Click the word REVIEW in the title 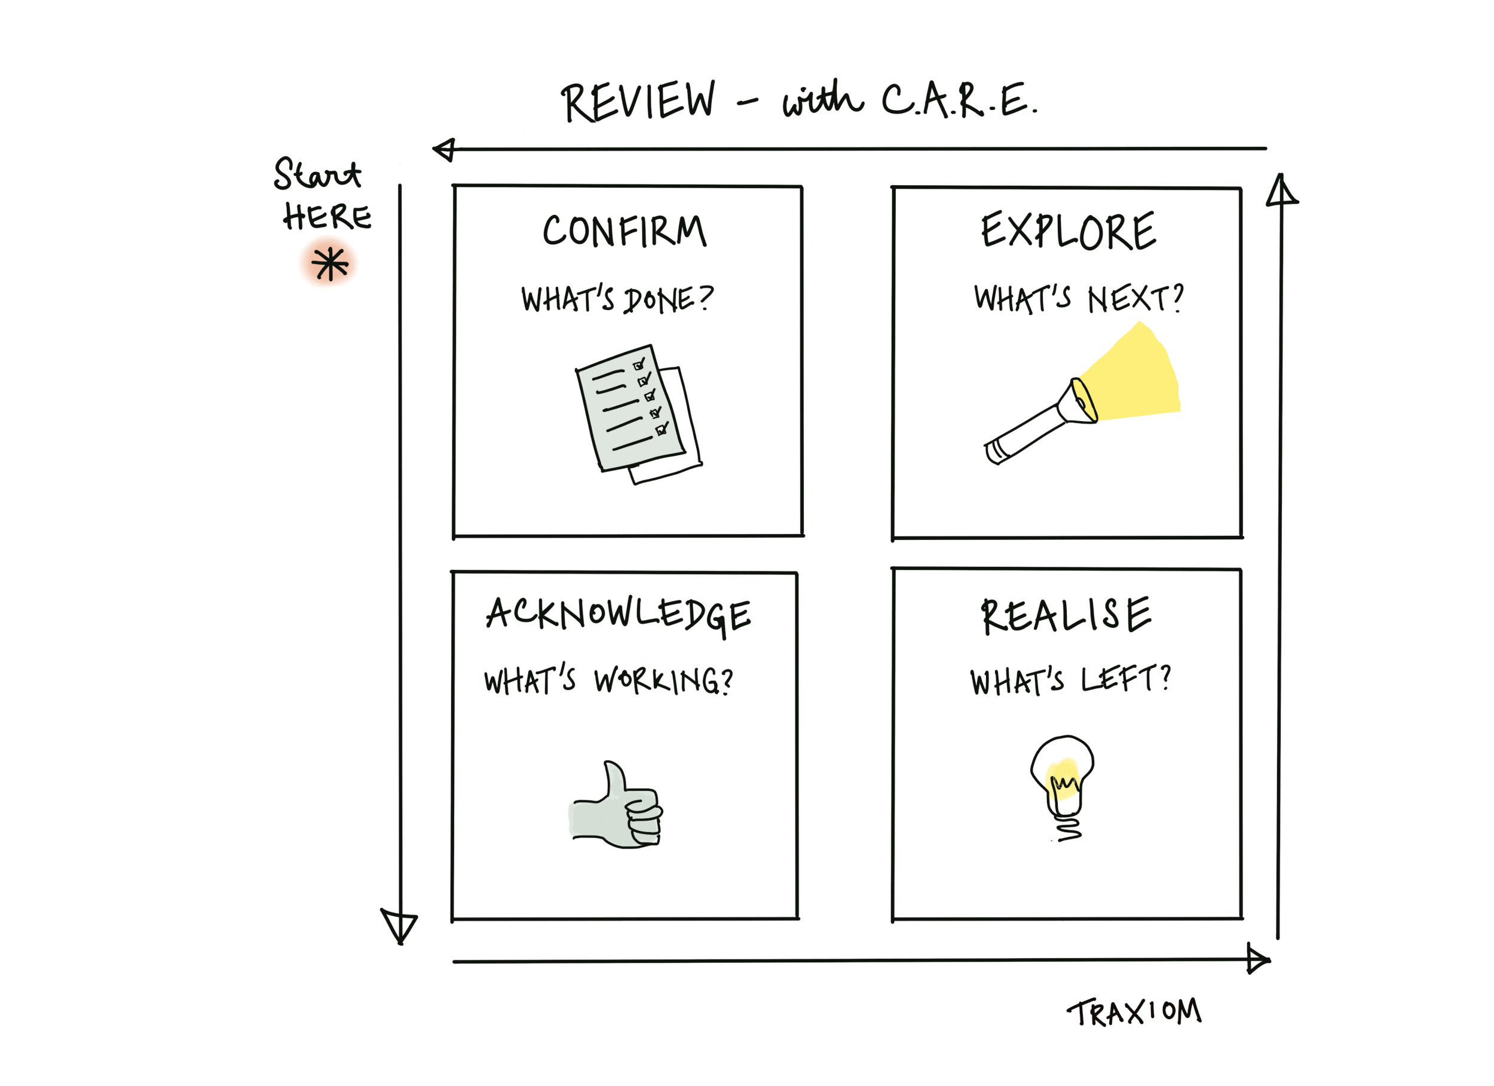pyautogui.click(x=638, y=102)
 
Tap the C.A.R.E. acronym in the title pyautogui.click(x=959, y=101)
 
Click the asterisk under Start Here pyautogui.click(x=329, y=263)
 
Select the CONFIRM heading pyautogui.click(x=624, y=231)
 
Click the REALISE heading pyautogui.click(x=1066, y=615)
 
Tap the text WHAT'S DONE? pyautogui.click(x=617, y=299)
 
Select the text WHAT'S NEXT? pyautogui.click(x=1078, y=298)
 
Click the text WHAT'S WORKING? pyautogui.click(x=608, y=680)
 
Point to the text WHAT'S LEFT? pyautogui.click(x=1070, y=680)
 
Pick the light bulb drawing pyautogui.click(x=1062, y=784)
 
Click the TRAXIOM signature pyautogui.click(x=1134, y=1013)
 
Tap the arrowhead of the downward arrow pyautogui.click(x=399, y=925)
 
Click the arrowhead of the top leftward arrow pyautogui.click(x=445, y=149)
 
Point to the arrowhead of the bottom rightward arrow pyautogui.click(x=1257, y=959)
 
